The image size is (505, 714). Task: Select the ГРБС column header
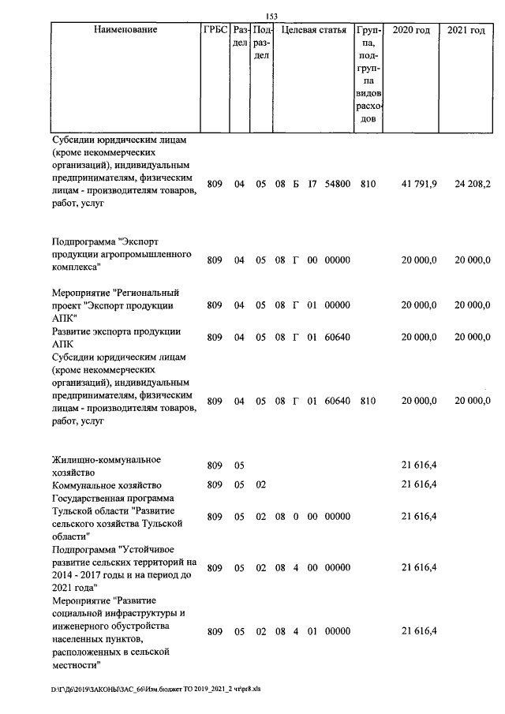click(x=215, y=30)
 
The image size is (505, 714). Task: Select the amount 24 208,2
click(x=473, y=184)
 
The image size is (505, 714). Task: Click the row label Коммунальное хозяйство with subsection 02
click(x=107, y=484)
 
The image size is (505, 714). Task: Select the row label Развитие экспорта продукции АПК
click(x=116, y=338)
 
